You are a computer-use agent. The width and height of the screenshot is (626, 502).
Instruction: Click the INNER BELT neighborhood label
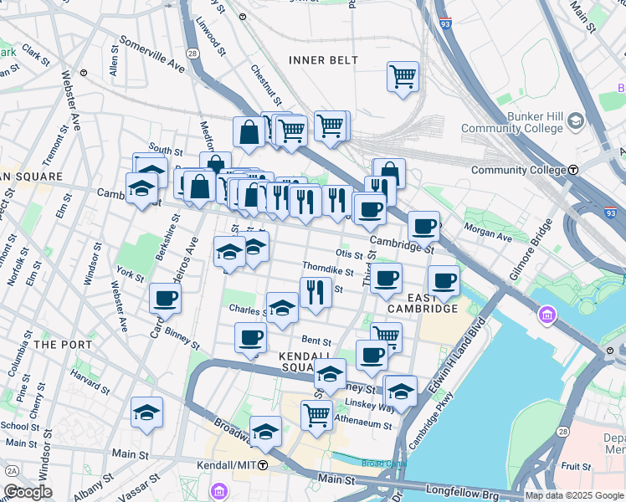(323, 60)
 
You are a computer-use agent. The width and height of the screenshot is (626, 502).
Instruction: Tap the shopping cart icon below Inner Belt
(403, 77)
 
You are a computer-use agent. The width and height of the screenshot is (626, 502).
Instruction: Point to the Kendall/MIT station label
(227, 464)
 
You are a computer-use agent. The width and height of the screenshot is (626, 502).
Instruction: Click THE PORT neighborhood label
(57, 344)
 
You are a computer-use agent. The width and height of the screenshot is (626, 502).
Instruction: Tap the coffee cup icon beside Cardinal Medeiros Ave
(166, 299)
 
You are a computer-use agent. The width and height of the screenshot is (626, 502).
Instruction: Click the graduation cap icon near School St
(146, 412)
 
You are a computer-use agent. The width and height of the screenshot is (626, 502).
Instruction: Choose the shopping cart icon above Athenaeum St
(316, 414)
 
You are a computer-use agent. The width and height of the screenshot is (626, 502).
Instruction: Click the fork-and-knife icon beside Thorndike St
(316, 293)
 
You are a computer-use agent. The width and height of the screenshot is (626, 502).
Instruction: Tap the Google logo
(28, 492)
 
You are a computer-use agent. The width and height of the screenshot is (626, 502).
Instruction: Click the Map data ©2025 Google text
(573, 495)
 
